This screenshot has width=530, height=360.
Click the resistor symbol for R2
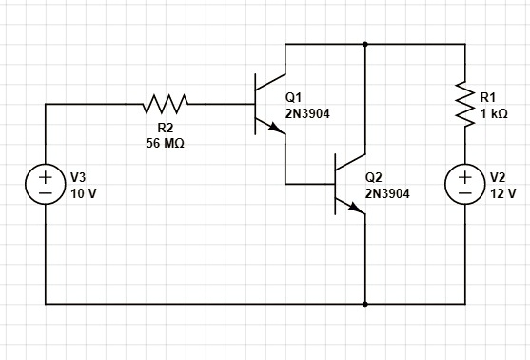(167, 101)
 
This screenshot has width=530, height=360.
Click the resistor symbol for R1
(465, 104)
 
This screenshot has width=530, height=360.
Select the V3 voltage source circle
(46, 184)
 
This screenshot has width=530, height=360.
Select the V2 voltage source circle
(465, 184)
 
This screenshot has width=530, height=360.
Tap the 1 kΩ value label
(493, 112)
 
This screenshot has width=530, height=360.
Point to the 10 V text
(84, 192)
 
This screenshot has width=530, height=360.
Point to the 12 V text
(502, 192)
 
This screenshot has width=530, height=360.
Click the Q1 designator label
(293, 97)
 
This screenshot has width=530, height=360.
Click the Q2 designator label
(373, 177)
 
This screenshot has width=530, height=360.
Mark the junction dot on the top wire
(365, 44)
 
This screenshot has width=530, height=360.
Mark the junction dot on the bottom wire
(365, 305)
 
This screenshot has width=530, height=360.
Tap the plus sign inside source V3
(46, 176)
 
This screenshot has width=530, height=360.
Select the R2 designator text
(165, 128)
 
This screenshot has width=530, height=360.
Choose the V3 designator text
(78, 177)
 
